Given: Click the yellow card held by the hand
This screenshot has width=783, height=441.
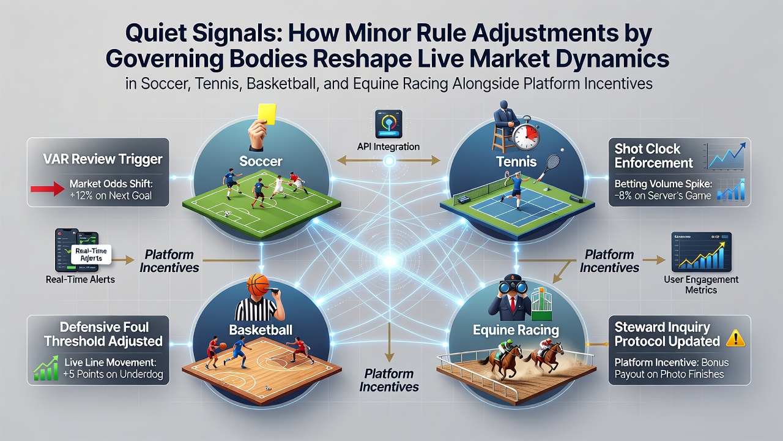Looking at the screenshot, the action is click(267, 113).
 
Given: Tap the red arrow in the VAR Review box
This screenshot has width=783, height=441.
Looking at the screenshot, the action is click(48, 189).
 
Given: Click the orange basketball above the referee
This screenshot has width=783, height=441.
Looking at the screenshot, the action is click(258, 285).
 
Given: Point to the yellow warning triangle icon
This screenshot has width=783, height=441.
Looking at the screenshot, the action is click(736, 339).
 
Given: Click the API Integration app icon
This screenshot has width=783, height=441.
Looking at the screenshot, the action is click(388, 124).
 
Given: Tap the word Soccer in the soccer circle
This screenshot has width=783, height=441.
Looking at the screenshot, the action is click(261, 161).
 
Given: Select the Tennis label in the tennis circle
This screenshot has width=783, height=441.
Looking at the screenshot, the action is click(516, 162).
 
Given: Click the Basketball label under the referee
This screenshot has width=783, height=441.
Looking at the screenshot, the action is click(261, 330).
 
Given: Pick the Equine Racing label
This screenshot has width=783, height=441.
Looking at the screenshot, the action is click(516, 330).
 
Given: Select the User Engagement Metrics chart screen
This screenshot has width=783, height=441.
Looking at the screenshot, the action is click(701, 252).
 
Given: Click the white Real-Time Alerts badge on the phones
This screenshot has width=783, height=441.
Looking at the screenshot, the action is click(91, 254).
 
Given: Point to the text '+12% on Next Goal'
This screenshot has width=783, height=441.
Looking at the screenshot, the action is click(111, 195).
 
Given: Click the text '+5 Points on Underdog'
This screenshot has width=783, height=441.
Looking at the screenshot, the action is click(113, 374).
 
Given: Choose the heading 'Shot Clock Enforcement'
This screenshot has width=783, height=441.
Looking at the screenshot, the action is click(653, 156).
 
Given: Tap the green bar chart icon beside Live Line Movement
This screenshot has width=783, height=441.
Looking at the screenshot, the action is click(46, 368).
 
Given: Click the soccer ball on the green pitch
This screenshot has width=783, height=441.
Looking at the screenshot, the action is click(227, 214).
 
